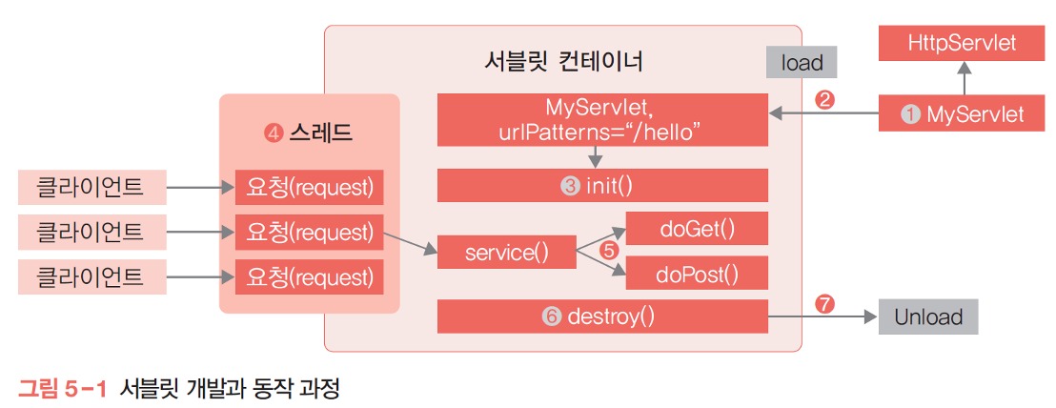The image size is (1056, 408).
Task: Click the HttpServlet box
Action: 962,43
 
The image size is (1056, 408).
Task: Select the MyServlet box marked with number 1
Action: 962,114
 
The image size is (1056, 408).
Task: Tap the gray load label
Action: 802,63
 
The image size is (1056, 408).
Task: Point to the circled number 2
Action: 826,98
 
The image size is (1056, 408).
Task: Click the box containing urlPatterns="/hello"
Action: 602,119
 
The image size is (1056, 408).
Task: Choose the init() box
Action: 602,186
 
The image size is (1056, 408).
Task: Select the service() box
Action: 506,254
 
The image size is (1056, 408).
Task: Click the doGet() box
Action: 697,229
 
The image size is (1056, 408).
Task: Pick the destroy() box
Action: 602,316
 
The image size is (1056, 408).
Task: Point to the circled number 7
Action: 826,303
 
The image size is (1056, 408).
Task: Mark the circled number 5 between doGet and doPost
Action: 609,252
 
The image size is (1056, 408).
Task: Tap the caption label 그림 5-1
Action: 62,389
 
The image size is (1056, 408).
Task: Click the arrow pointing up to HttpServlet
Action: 963,76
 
